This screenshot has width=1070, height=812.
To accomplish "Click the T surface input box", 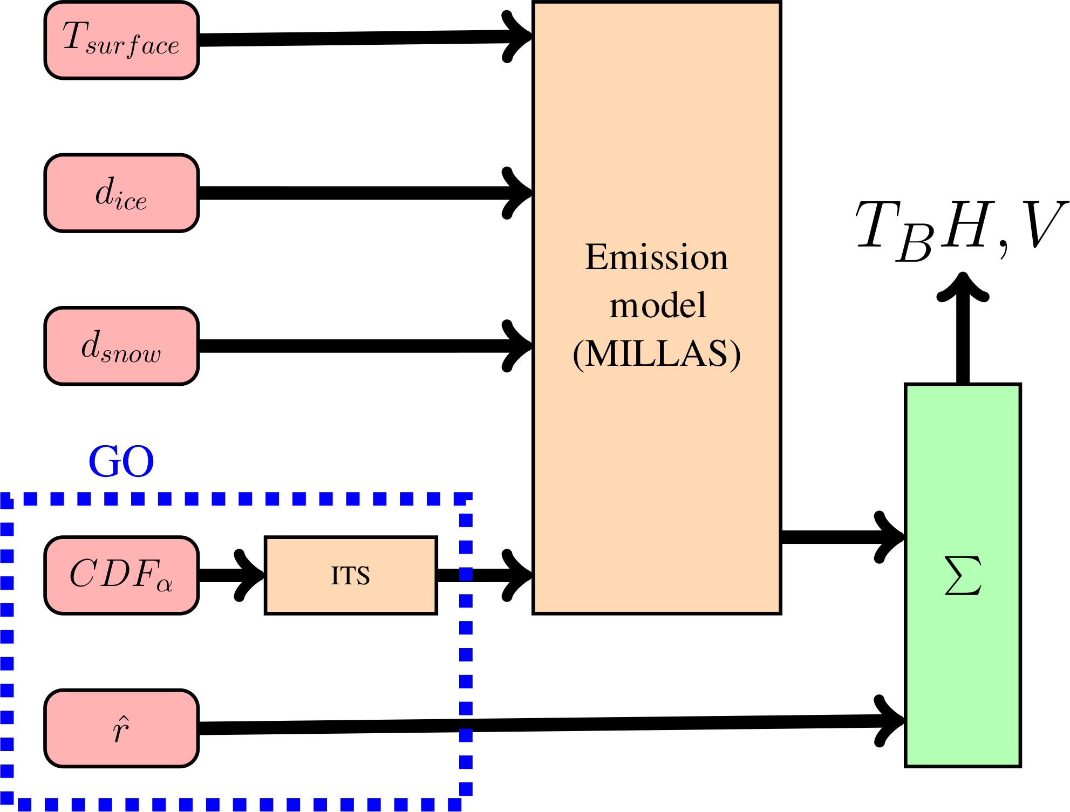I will click(x=121, y=40).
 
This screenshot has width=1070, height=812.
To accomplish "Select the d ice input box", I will click(x=121, y=193).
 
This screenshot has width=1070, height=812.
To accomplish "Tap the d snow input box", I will click(x=121, y=346).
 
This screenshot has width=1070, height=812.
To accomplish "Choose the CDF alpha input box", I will click(x=121, y=575).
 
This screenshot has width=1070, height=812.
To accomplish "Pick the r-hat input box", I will click(x=121, y=728).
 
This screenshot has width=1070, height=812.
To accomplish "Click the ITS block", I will click(x=351, y=575).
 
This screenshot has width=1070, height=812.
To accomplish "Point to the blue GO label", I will click(x=121, y=462).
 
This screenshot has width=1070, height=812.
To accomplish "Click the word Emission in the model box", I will click(x=657, y=257).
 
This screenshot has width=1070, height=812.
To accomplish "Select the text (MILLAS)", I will click(x=657, y=354).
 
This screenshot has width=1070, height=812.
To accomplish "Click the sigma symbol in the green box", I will click(x=963, y=576).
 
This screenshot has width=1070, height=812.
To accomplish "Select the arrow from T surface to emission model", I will click(x=356, y=38).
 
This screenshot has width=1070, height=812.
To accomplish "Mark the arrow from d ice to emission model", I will click(x=356, y=193).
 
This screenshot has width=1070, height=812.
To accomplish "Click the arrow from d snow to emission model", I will click(x=356, y=346).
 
